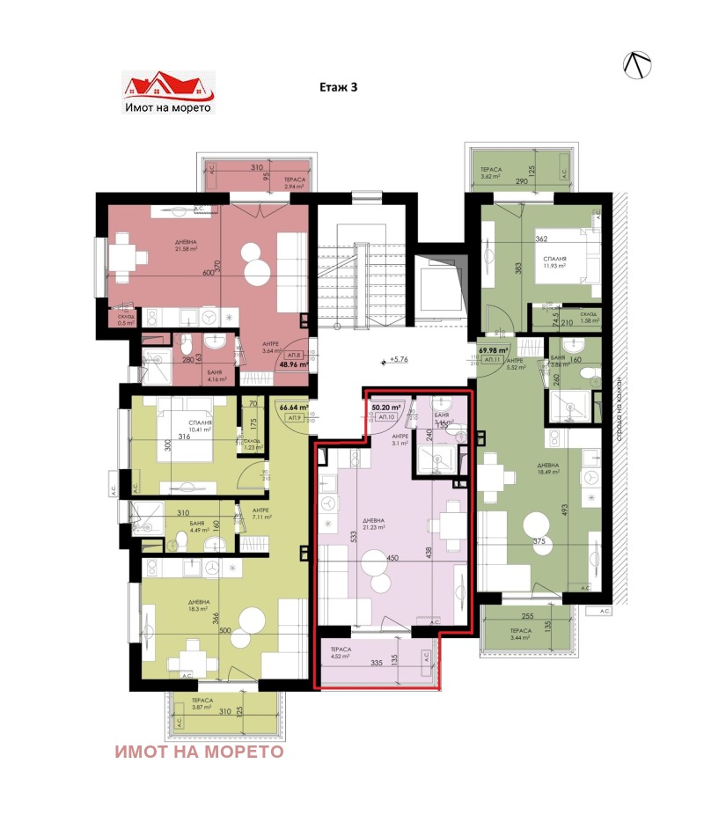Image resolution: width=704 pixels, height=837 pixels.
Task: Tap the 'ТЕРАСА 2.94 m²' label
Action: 293,181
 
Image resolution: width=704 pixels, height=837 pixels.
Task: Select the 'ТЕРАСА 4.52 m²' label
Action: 341,652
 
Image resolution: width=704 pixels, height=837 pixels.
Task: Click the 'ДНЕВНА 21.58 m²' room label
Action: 186,246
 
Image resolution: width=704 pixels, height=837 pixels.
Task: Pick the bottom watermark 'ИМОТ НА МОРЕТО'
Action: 199,752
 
